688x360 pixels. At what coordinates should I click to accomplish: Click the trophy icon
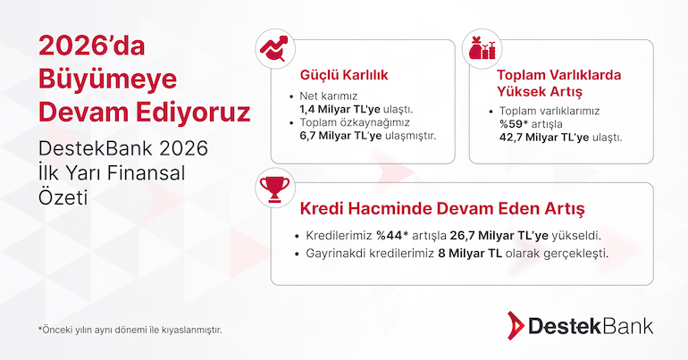(x=275, y=188)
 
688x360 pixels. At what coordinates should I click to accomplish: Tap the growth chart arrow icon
(x=274, y=48)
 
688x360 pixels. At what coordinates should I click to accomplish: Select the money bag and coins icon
(x=482, y=48)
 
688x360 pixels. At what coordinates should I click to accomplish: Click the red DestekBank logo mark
(x=516, y=326)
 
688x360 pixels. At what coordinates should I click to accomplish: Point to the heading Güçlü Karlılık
(x=344, y=75)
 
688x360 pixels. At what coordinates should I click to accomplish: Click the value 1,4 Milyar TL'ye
(x=340, y=109)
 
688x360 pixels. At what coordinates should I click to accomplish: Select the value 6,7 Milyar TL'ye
(x=341, y=136)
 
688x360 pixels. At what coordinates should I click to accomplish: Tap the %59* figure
(x=514, y=124)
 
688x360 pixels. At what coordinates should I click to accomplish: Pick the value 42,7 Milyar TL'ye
(x=544, y=138)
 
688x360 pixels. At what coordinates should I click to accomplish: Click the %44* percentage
(x=392, y=236)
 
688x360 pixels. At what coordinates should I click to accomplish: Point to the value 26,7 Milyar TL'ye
(x=499, y=236)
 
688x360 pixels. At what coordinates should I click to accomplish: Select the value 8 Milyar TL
(x=470, y=254)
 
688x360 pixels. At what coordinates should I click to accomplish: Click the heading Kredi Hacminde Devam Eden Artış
(x=442, y=209)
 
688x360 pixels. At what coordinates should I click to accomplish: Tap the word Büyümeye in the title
(x=107, y=80)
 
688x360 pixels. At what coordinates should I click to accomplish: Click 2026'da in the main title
(x=92, y=46)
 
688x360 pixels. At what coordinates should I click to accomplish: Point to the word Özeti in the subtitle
(x=63, y=197)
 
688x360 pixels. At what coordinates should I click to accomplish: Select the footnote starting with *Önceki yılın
(x=130, y=330)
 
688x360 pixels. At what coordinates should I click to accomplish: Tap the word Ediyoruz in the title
(x=193, y=112)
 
